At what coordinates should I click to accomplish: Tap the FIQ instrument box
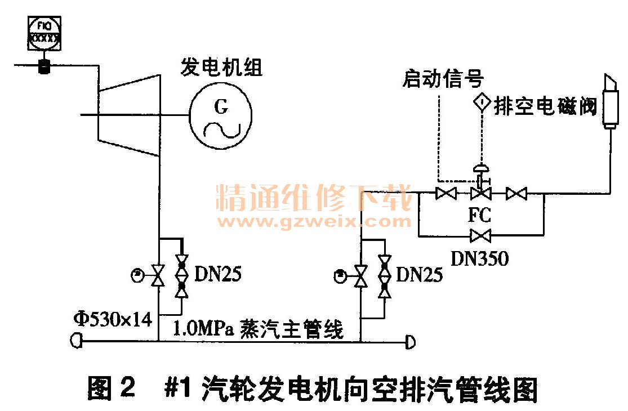[44, 33]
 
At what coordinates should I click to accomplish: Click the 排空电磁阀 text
[545, 105]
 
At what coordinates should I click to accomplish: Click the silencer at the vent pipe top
[611, 101]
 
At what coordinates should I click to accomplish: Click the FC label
[479, 215]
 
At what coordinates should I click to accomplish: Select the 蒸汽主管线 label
[292, 328]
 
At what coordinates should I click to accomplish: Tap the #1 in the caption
[180, 388]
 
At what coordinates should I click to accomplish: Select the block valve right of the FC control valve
[515, 194]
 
